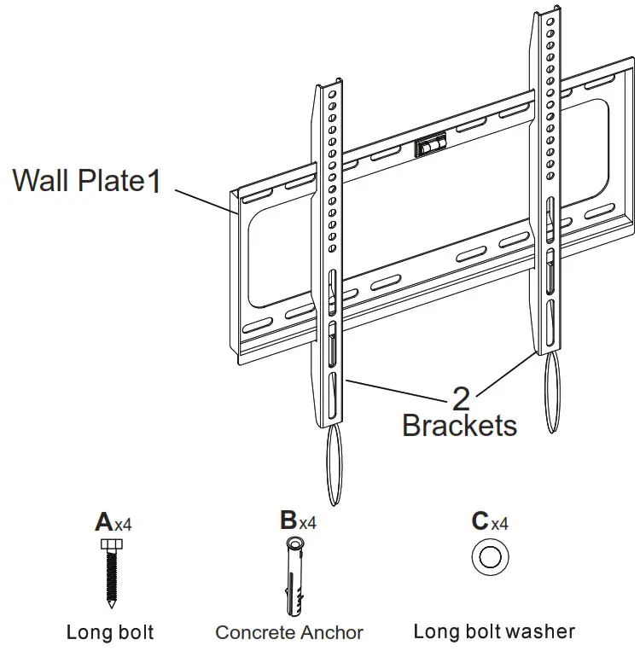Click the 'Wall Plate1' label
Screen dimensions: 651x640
(x=86, y=181)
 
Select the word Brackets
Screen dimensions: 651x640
(x=459, y=425)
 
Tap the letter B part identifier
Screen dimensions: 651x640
(x=288, y=520)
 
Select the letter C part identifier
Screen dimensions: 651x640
(x=480, y=521)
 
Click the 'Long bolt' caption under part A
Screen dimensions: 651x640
(x=110, y=632)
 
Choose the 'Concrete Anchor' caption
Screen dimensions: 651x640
(x=289, y=632)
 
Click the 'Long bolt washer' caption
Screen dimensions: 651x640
(x=494, y=631)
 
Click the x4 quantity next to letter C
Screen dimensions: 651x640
(x=499, y=524)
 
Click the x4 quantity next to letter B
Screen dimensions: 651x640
(x=307, y=523)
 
